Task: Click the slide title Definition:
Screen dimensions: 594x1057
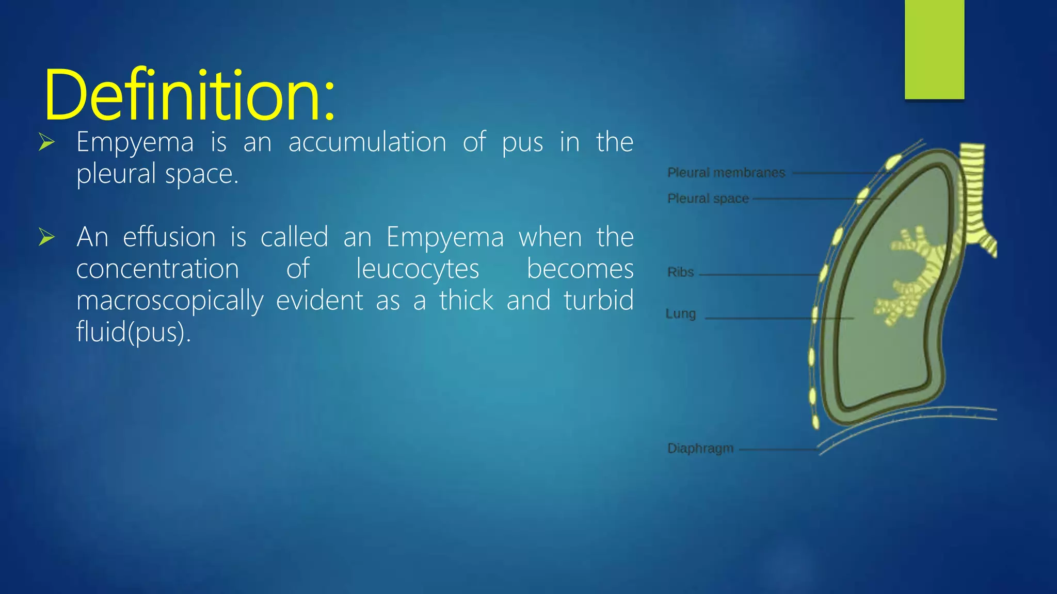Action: pyautogui.click(x=190, y=95)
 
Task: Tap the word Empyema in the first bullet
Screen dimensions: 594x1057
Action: pyautogui.click(x=135, y=143)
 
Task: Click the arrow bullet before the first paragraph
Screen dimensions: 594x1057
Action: pyautogui.click(x=46, y=142)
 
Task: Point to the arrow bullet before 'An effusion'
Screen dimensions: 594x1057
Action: pyautogui.click(x=46, y=237)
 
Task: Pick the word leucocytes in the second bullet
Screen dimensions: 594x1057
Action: pyautogui.click(x=418, y=269)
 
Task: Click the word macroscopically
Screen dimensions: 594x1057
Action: pyautogui.click(x=170, y=301)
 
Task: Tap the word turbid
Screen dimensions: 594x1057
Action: pyautogui.click(x=598, y=300)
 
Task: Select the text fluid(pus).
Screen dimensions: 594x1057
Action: pyautogui.click(x=134, y=332)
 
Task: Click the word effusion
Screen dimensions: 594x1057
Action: pyautogui.click(x=169, y=237)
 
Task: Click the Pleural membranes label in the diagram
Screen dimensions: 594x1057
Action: pyautogui.click(x=726, y=173)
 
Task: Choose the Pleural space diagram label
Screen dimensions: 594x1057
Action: pyautogui.click(x=708, y=199)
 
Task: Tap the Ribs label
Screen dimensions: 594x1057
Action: pyautogui.click(x=680, y=272)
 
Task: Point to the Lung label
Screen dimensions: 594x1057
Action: pyautogui.click(x=680, y=314)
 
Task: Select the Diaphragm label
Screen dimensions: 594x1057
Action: pyautogui.click(x=700, y=448)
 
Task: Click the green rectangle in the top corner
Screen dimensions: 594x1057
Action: pyautogui.click(x=934, y=49)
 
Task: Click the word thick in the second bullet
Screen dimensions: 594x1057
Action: pyautogui.click(x=466, y=300)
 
